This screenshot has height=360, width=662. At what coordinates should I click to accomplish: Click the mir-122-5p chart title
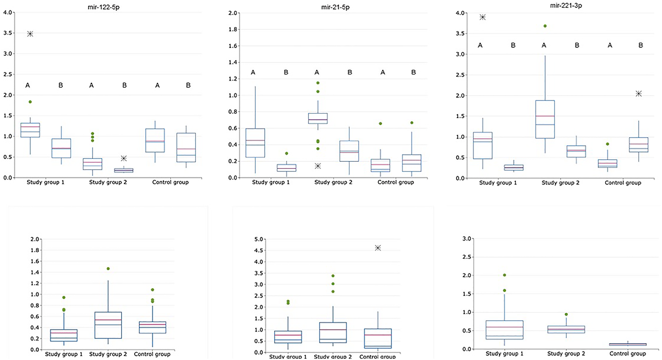pyautogui.click(x=104, y=7)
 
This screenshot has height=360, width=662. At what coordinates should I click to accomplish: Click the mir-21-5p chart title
pyautogui.click(x=335, y=7)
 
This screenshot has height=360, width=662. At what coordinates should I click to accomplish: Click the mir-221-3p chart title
pyautogui.click(x=566, y=5)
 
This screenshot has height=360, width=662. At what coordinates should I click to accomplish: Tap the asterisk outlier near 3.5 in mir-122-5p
pyautogui.click(x=30, y=34)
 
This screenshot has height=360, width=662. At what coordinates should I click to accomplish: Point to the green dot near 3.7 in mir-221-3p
pyautogui.click(x=545, y=26)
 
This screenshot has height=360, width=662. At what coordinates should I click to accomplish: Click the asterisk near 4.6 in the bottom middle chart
pyautogui.click(x=378, y=248)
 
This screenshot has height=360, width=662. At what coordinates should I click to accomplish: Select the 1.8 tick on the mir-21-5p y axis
pyautogui.click(x=233, y=29)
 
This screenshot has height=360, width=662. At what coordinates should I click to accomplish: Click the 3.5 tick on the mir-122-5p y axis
pyautogui.click(x=8, y=33)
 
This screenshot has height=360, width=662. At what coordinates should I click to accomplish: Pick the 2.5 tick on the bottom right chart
pyautogui.click(x=467, y=257)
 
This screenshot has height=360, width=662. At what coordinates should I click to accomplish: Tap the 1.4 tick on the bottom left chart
pyautogui.click(x=35, y=272)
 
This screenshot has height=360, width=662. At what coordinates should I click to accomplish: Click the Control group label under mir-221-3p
pyautogui.click(x=623, y=183)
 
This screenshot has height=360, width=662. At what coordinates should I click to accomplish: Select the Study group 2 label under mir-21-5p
pyautogui.click(x=333, y=182)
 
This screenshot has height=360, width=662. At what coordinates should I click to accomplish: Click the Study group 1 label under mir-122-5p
pyautogui.click(x=45, y=182)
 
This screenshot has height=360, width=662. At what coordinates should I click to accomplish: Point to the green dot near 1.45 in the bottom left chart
pyautogui.click(x=108, y=269)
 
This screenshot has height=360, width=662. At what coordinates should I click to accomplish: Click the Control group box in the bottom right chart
pyautogui.click(x=628, y=344)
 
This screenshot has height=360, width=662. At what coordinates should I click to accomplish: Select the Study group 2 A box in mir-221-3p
pyautogui.click(x=545, y=119)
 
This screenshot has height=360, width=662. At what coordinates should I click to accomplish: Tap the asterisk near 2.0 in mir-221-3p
pyautogui.click(x=638, y=94)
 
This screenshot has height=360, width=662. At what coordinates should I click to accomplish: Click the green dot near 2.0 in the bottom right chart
pyautogui.click(x=504, y=275)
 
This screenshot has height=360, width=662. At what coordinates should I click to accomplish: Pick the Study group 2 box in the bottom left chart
pyautogui.click(x=108, y=325)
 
